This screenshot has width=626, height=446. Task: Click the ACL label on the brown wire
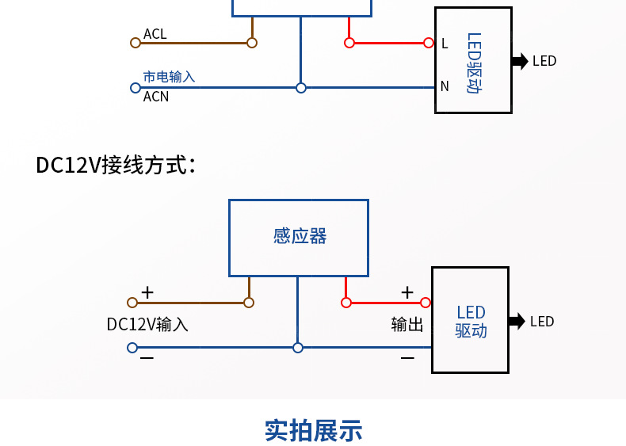pos(155,34)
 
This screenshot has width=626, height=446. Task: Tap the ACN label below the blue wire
pos(155,97)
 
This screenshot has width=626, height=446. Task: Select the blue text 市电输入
pos(169,77)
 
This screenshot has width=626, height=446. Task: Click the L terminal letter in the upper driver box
pos(445,44)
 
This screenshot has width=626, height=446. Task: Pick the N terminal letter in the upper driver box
pos(445,86)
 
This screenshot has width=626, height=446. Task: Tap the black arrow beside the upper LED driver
pos(520,61)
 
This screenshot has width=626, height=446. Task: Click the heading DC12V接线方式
pos(116,165)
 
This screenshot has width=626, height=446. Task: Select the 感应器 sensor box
pos(299,237)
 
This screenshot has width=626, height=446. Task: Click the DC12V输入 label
pos(147,325)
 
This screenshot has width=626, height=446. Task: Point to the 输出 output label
pos(407,325)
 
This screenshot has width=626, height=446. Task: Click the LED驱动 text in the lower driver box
pos(471,322)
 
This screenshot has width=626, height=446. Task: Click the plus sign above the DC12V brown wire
pos(147,292)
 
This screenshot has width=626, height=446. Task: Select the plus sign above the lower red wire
pos(407,292)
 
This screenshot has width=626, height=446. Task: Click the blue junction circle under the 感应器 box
pos(298,348)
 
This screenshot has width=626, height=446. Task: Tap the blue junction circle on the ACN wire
pos(301,88)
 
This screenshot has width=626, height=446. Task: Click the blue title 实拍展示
pos(313,430)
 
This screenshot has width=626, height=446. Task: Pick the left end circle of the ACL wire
pos(134,43)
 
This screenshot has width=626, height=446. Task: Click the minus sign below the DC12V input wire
pos(147,359)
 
